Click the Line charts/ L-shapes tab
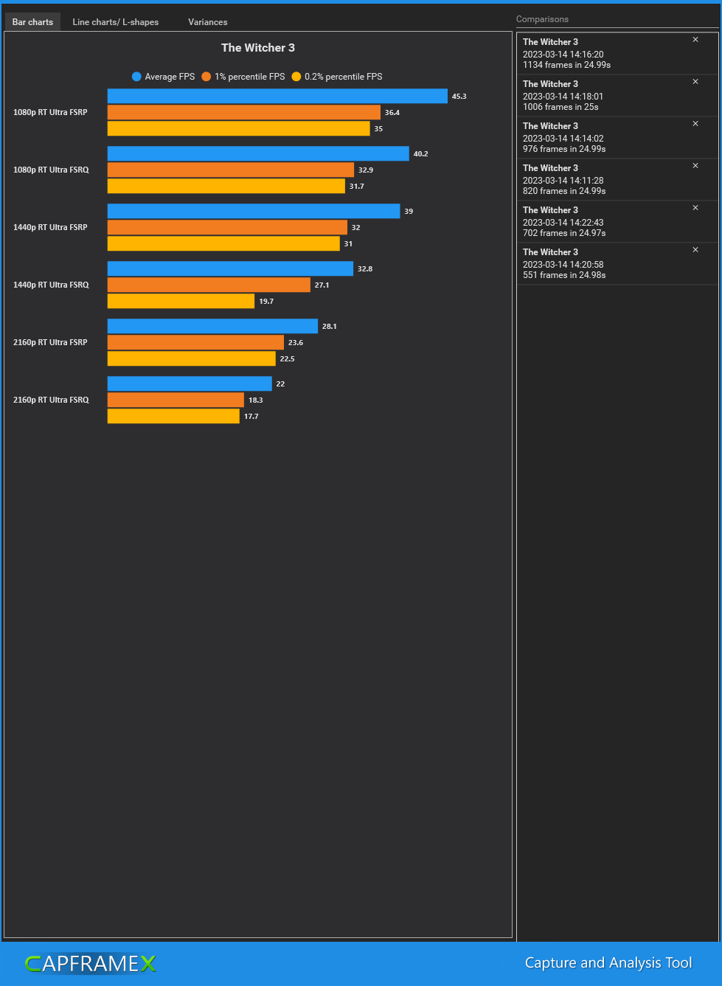pyautogui.click(x=115, y=22)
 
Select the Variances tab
pyautogui.click(x=207, y=22)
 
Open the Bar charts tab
pyautogui.click(x=32, y=22)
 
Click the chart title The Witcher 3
pyautogui.click(x=258, y=48)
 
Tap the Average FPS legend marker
pyautogui.click(x=136, y=77)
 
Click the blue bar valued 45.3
pyautogui.click(x=277, y=97)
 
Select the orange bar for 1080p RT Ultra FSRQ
pyautogui.click(x=231, y=170)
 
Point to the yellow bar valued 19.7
pyautogui.click(x=181, y=302)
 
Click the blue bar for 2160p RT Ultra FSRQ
pyautogui.click(x=190, y=384)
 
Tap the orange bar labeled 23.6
pyautogui.click(x=195, y=343)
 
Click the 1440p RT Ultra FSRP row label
pyautogui.click(x=50, y=228)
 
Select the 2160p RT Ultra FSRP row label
pyautogui.click(x=50, y=343)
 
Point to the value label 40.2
pyautogui.click(x=420, y=154)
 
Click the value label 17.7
pyautogui.click(x=251, y=417)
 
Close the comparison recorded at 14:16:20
pyautogui.click(x=695, y=40)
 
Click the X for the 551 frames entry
pyautogui.click(x=695, y=250)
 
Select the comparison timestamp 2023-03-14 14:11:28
pyautogui.click(x=563, y=181)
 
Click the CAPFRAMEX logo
pyautogui.click(x=90, y=964)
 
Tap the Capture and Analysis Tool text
pyautogui.click(x=608, y=963)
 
